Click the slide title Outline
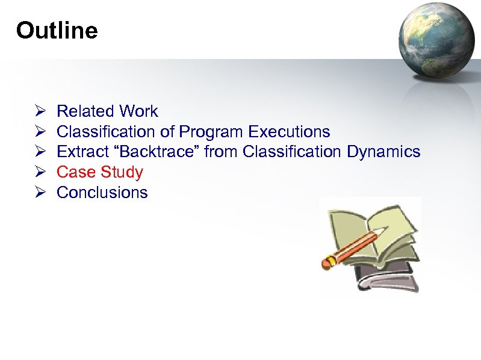pos(57,30)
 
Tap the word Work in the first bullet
pos(138,111)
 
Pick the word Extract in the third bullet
pos(79,152)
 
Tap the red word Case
pos(76,172)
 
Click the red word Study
pos(122,172)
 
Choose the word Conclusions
pos(102,193)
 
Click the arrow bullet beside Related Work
pos(40,111)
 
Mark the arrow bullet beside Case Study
pos(40,172)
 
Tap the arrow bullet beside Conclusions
pos(40,193)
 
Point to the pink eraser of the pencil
pos(329,262)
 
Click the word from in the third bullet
pos(221,152)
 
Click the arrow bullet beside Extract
pos(40,152)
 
